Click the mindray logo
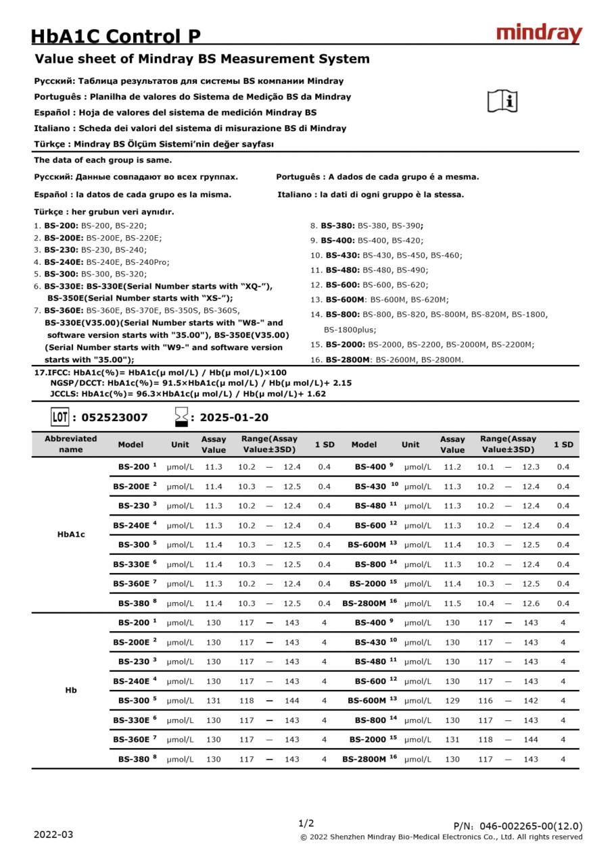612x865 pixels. pos(539,34)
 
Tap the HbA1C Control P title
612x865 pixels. pos(116,36)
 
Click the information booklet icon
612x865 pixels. pos(502,101)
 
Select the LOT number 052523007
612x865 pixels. pos(114,418)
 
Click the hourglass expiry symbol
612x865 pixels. pos(181,417)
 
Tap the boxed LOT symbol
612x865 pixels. pos(60,417)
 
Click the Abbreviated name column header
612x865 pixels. pos(71,444)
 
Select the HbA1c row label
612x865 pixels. pos(71,535)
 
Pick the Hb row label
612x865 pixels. pos(71,691)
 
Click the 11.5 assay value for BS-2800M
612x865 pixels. pos(452,603)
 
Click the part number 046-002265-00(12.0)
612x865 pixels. pos(531,826)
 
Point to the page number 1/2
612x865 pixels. pos(306,823)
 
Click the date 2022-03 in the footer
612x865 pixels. pos(53,835)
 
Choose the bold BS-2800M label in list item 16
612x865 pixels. pos(348,360)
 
